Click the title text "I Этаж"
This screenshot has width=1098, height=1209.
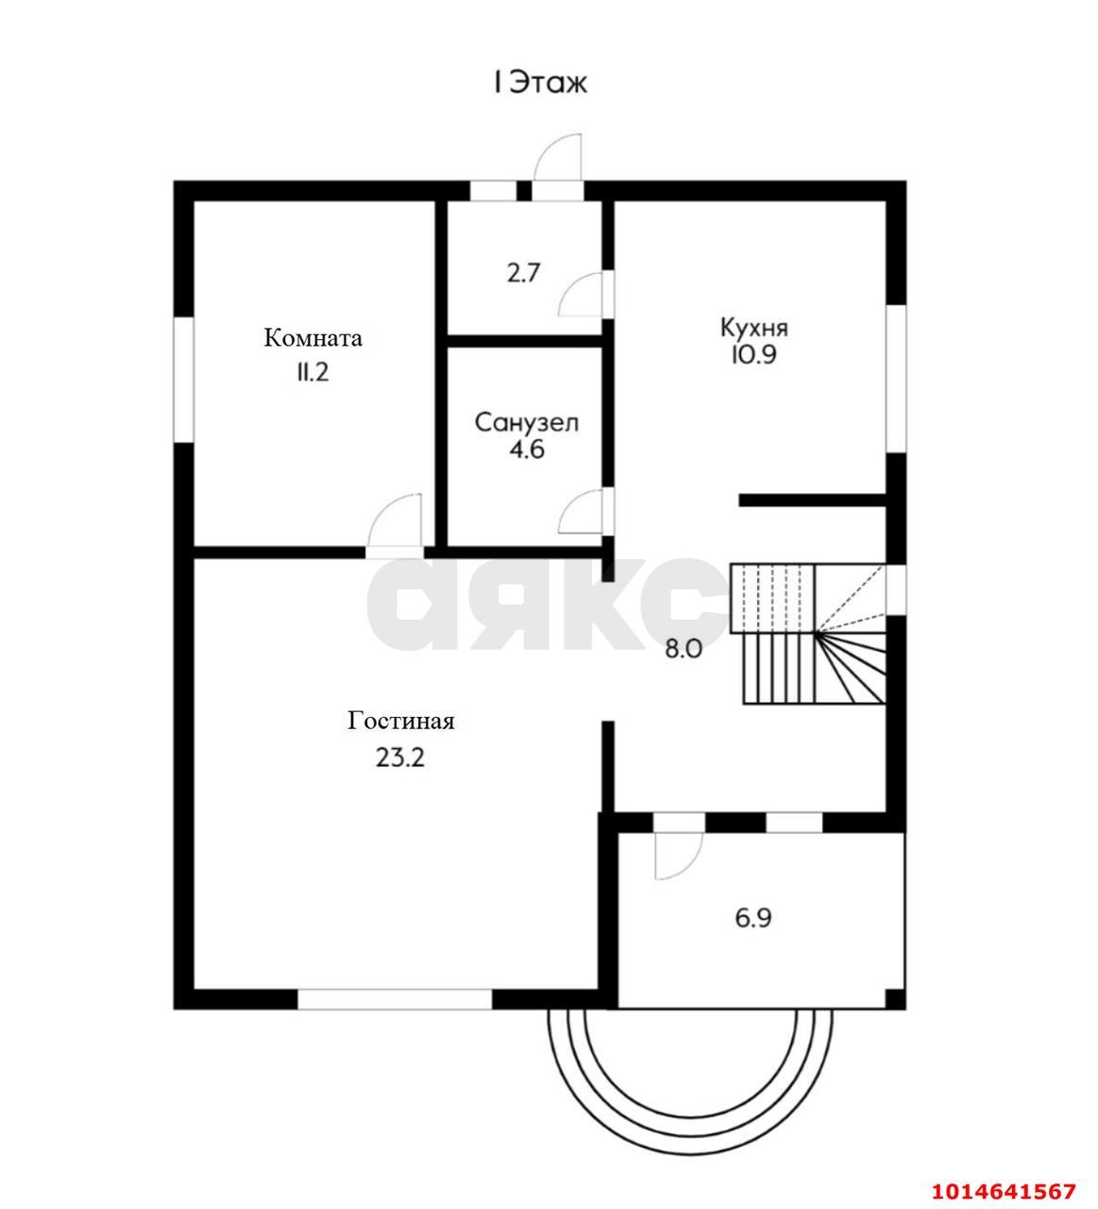coord(539,83)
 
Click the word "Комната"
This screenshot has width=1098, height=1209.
coord(313,337)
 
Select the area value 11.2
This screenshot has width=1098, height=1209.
coord(312,373)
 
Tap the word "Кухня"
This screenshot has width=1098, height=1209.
coord(754,329)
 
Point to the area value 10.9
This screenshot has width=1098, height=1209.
coord(753,355)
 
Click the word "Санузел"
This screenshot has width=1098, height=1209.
coord(526,423)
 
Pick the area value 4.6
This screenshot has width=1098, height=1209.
coord(526,450)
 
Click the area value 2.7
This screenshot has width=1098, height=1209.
coord(523,274)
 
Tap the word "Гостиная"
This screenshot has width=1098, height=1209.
coord(400,721)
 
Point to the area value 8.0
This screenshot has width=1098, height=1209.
coord(684,650)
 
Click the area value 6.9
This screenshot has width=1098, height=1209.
coord(753,918)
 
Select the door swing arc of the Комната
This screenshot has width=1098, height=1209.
coord(381,507)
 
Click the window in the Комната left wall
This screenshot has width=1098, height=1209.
coord(183,380)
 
